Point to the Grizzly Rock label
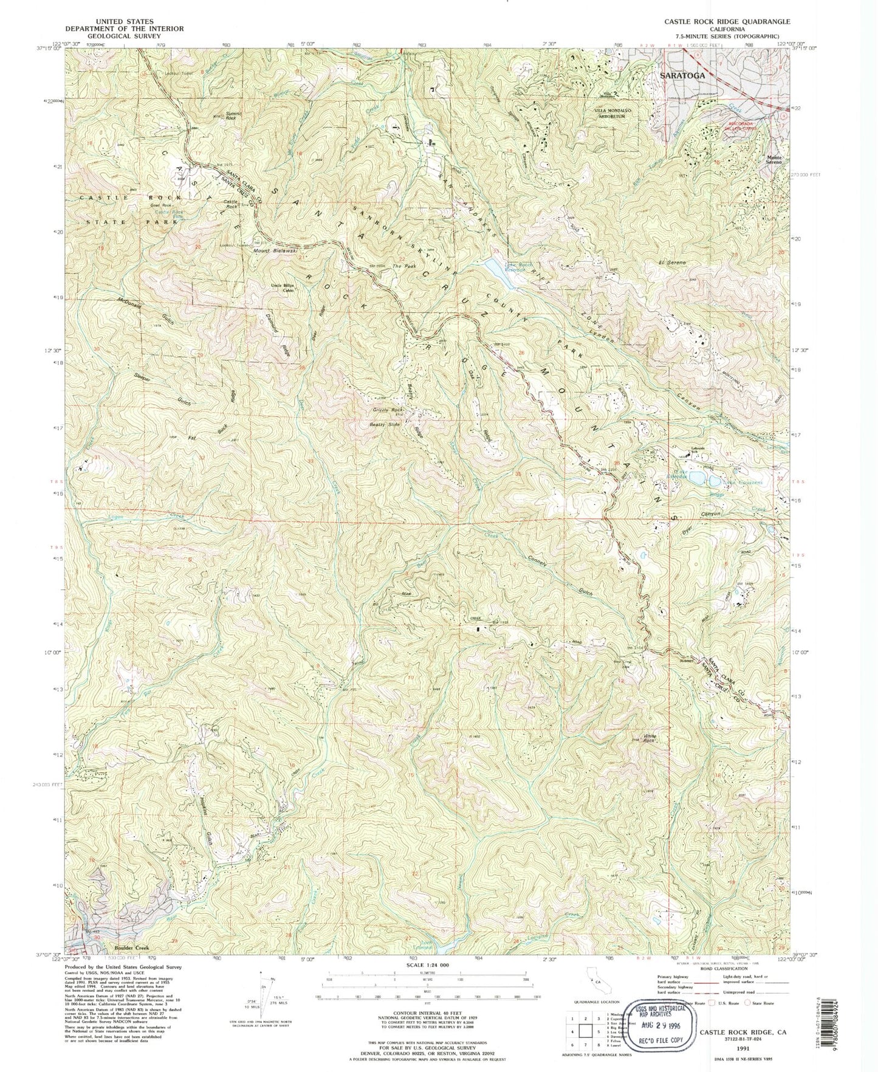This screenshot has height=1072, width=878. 388,410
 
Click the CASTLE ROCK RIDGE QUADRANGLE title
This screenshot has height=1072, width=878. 739,21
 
